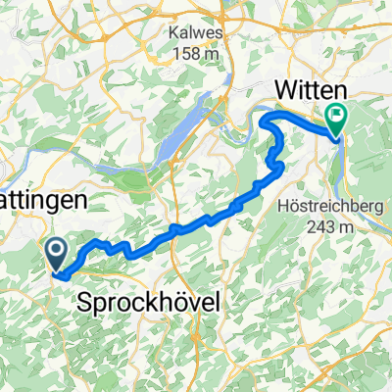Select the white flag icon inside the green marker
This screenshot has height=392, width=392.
click(337, 118)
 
